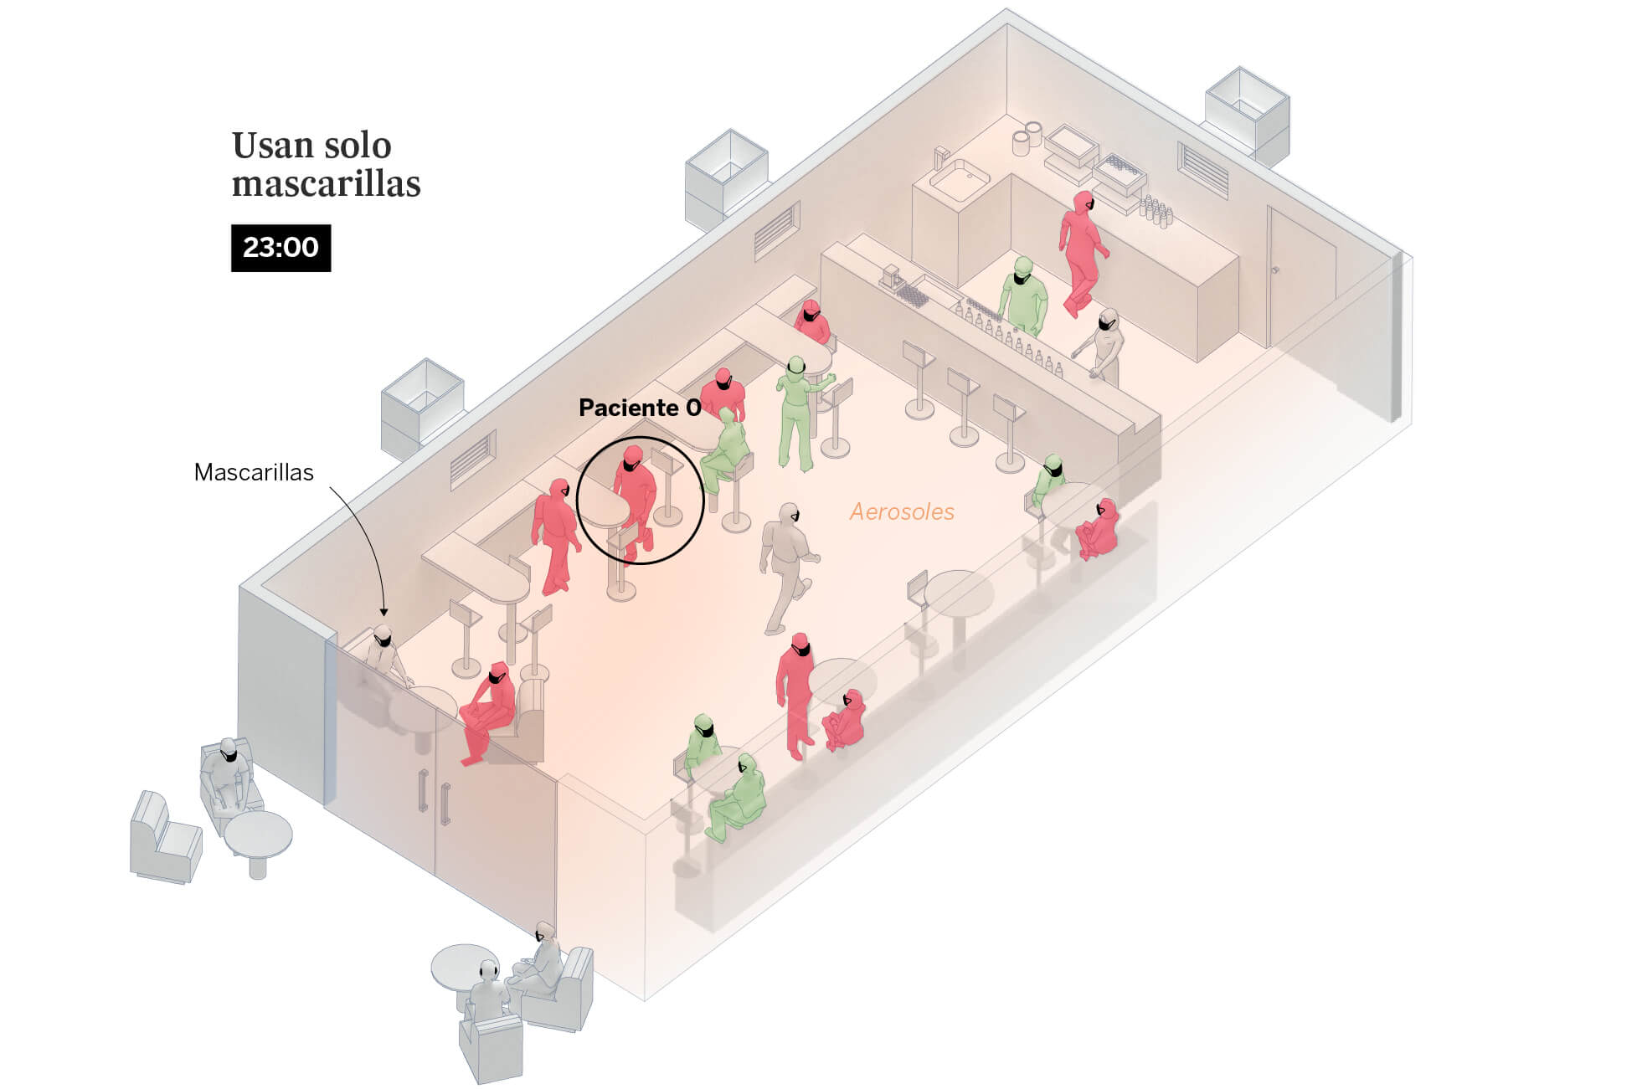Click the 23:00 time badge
coord(281,248)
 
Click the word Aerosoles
coord(902,511)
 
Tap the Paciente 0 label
coord(640,408)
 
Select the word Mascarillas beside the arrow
coord(254,472)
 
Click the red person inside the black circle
coord(634,498)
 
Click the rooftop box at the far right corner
coord(1246,113)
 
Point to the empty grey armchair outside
coord(165,837)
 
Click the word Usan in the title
coord(269,146)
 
